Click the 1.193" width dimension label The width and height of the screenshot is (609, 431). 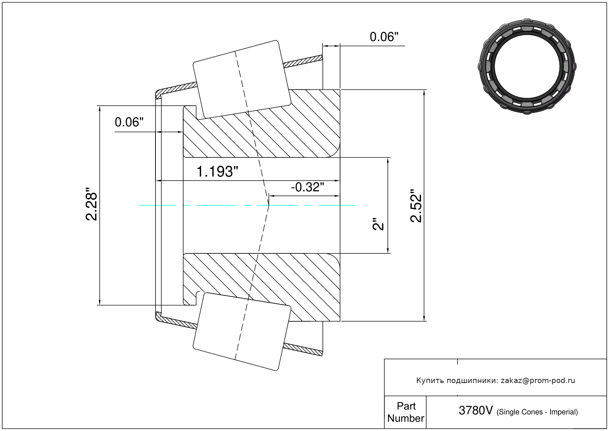point(217,172)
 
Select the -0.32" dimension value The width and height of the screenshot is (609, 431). point(307,187)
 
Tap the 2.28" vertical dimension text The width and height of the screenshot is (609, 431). point(92,206)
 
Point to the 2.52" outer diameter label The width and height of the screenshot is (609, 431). point(416,206)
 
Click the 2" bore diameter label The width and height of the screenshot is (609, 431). point(379,224)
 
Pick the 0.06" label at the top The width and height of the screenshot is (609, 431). point(384,37)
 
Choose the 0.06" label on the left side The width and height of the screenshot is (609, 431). point(129,122)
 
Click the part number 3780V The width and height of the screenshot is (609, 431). point(475,410)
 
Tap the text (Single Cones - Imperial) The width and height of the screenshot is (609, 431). point(537,412)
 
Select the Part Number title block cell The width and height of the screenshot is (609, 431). point(406,412)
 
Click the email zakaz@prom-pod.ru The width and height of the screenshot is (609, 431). point(538,380)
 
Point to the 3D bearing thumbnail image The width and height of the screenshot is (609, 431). point(527,66)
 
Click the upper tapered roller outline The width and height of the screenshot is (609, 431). point(242,79)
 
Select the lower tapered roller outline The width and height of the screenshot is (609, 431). point(242,331)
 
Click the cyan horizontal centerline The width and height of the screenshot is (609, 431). point(222,205)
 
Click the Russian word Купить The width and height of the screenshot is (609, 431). point(430,380)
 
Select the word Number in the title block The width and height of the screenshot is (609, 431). point(406,418)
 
